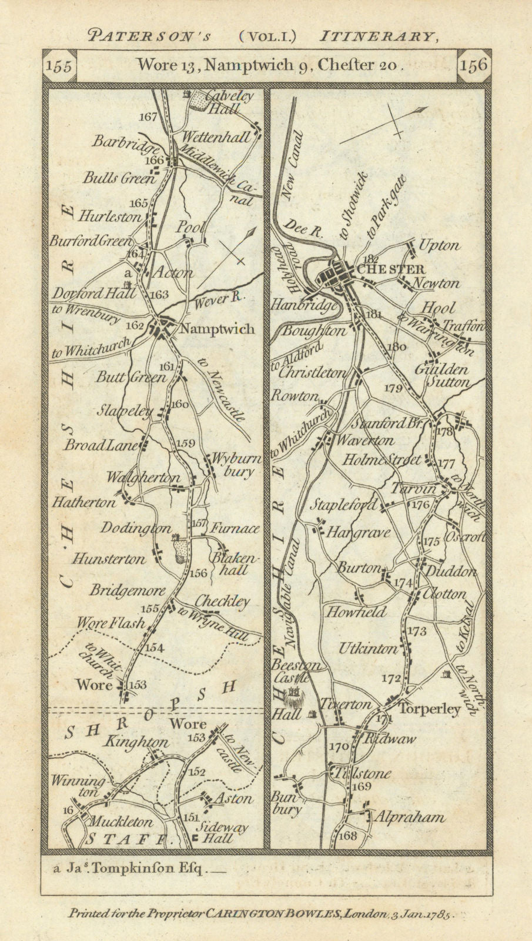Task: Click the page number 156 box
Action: coord(475,65)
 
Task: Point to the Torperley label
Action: coord(430,709)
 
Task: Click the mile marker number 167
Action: coord(149,116)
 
